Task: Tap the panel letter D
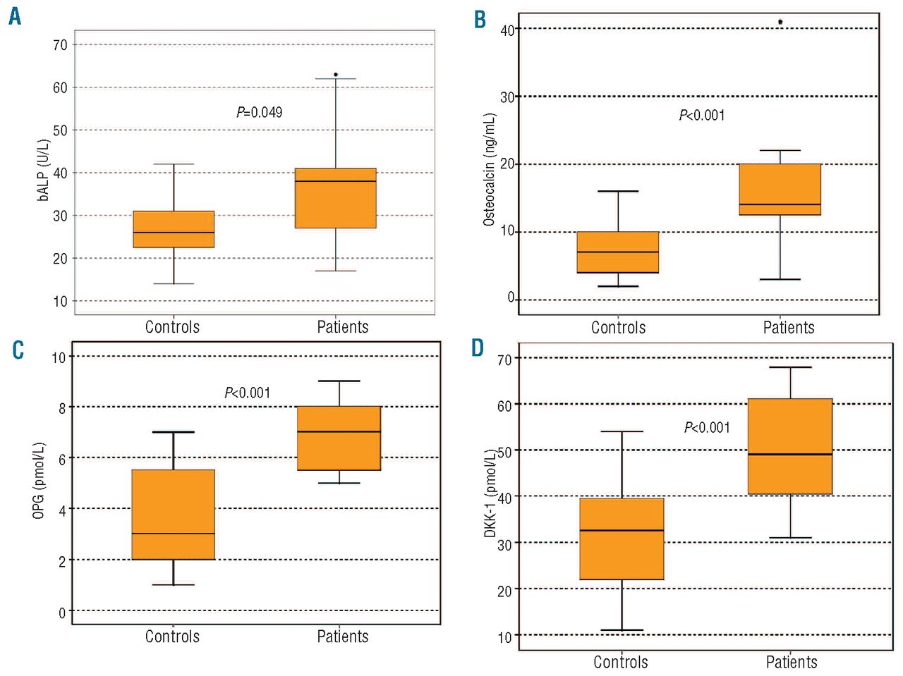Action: [478, 348]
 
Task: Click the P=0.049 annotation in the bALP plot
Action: [260, 112]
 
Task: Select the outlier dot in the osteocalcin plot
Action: [780, 22]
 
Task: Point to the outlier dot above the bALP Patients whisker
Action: [336, 74]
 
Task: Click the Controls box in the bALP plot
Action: [174, 229]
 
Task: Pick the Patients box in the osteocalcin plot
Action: [780, 189]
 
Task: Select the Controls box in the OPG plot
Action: [174, 514]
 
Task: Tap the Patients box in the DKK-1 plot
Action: [790, 446]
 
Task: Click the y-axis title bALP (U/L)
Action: [44, 169]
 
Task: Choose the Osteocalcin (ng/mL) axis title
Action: [489, 169]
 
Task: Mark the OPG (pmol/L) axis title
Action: [39, 481]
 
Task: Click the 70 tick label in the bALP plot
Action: [60, 45]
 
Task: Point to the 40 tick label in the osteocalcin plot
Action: [507, 30]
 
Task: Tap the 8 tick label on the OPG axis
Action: [61, 407]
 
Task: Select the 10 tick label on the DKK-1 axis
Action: [504, 637]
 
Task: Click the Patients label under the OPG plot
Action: [343, 637]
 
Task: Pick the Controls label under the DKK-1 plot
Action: [621, 662]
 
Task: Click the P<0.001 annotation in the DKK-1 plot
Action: [707, 427]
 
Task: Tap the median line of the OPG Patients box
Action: [339, 431]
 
